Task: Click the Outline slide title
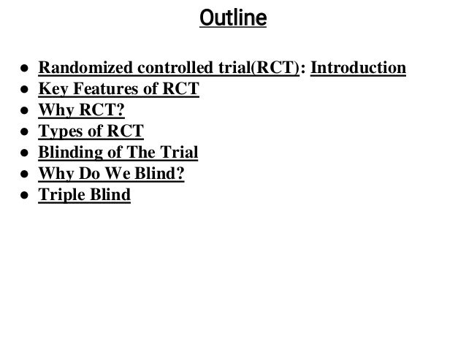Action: click(x=233, y=17)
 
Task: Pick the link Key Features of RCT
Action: click(x=119, y=90)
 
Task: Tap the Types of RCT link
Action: click(x=91, y=132)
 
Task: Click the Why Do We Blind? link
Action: click(x=111, y=175)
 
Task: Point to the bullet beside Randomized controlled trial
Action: click(x=25, y=69)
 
